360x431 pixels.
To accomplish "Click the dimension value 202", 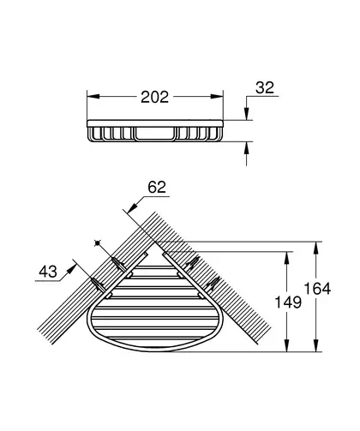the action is point(155,97).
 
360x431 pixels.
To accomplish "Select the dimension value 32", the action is point(265,87).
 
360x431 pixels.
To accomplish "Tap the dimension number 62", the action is point(157,188).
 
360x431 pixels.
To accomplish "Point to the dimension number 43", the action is point(48,272).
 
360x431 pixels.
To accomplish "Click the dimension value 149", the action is point(288,302).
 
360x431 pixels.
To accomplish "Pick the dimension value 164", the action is point(317,289).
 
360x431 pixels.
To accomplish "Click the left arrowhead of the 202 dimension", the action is point(93,97).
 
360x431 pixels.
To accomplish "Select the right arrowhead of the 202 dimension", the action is point(217,97).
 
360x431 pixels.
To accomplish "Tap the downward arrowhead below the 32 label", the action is point(247,114).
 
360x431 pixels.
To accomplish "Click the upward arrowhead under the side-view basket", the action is point(247,147).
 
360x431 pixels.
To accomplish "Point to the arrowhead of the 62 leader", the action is point(132,207).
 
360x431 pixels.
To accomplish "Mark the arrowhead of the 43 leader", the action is point(72,269).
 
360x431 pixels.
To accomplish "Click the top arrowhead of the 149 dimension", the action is point(287,258).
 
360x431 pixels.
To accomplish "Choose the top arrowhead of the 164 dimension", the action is point(315,248).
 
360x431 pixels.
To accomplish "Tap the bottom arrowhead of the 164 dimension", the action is point(315,345).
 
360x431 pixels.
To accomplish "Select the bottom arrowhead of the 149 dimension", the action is point(287,345).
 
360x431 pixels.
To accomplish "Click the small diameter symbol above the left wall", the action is point(98,243).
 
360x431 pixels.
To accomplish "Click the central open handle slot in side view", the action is point(154,134).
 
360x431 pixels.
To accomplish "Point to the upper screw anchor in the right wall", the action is point(192,263).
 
